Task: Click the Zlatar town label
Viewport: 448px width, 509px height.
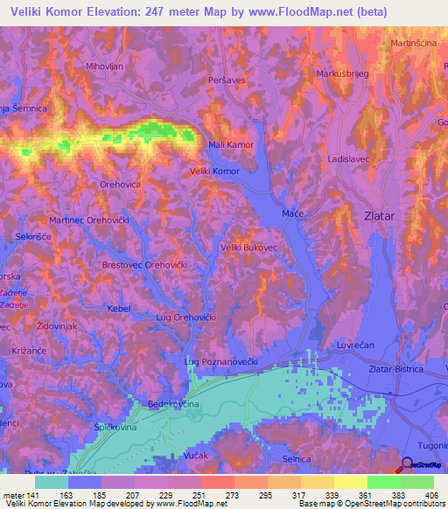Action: [382, 213]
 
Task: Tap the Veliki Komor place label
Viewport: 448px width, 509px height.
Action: [214, 171]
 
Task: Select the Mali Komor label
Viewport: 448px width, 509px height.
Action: [230, 144]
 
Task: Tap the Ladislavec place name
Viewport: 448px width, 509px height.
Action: [352, 162]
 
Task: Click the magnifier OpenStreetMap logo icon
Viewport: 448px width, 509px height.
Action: [408, 464]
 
